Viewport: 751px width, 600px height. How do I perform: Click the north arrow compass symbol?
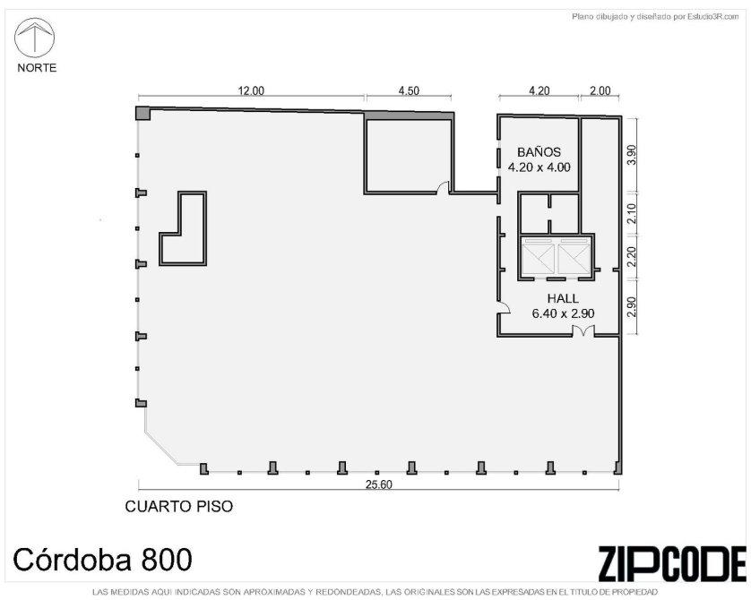coord(34,38)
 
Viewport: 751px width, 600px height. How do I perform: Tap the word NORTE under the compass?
coord(37,67)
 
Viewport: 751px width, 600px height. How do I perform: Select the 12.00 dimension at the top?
coord(252,90)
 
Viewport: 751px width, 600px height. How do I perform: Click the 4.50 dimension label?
coord(409,90)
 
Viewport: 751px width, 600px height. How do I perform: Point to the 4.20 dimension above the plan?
coord(539,90)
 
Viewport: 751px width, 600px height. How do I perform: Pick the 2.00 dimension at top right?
coord(600,90)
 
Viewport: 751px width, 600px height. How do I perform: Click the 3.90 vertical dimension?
coord(632,155)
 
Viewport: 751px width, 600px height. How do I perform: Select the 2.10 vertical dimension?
coord(632,213)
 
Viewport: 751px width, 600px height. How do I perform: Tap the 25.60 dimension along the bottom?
coord(378,484)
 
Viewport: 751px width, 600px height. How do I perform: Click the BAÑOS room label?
coord(539,152)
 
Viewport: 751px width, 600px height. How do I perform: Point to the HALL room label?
coord(563,298)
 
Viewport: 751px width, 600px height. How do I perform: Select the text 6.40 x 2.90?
coord(563,313)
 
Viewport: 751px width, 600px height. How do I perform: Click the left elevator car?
coord(539,258)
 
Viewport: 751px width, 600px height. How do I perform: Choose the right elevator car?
coord(574,258)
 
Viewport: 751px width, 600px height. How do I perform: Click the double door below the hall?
coord(583,331)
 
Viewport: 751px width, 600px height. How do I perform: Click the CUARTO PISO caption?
coord(179,506)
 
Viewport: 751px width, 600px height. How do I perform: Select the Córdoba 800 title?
coord(102,560)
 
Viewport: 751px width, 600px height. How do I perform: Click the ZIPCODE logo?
coord(671,563)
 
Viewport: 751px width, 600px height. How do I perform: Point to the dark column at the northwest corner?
coord(143,114)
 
